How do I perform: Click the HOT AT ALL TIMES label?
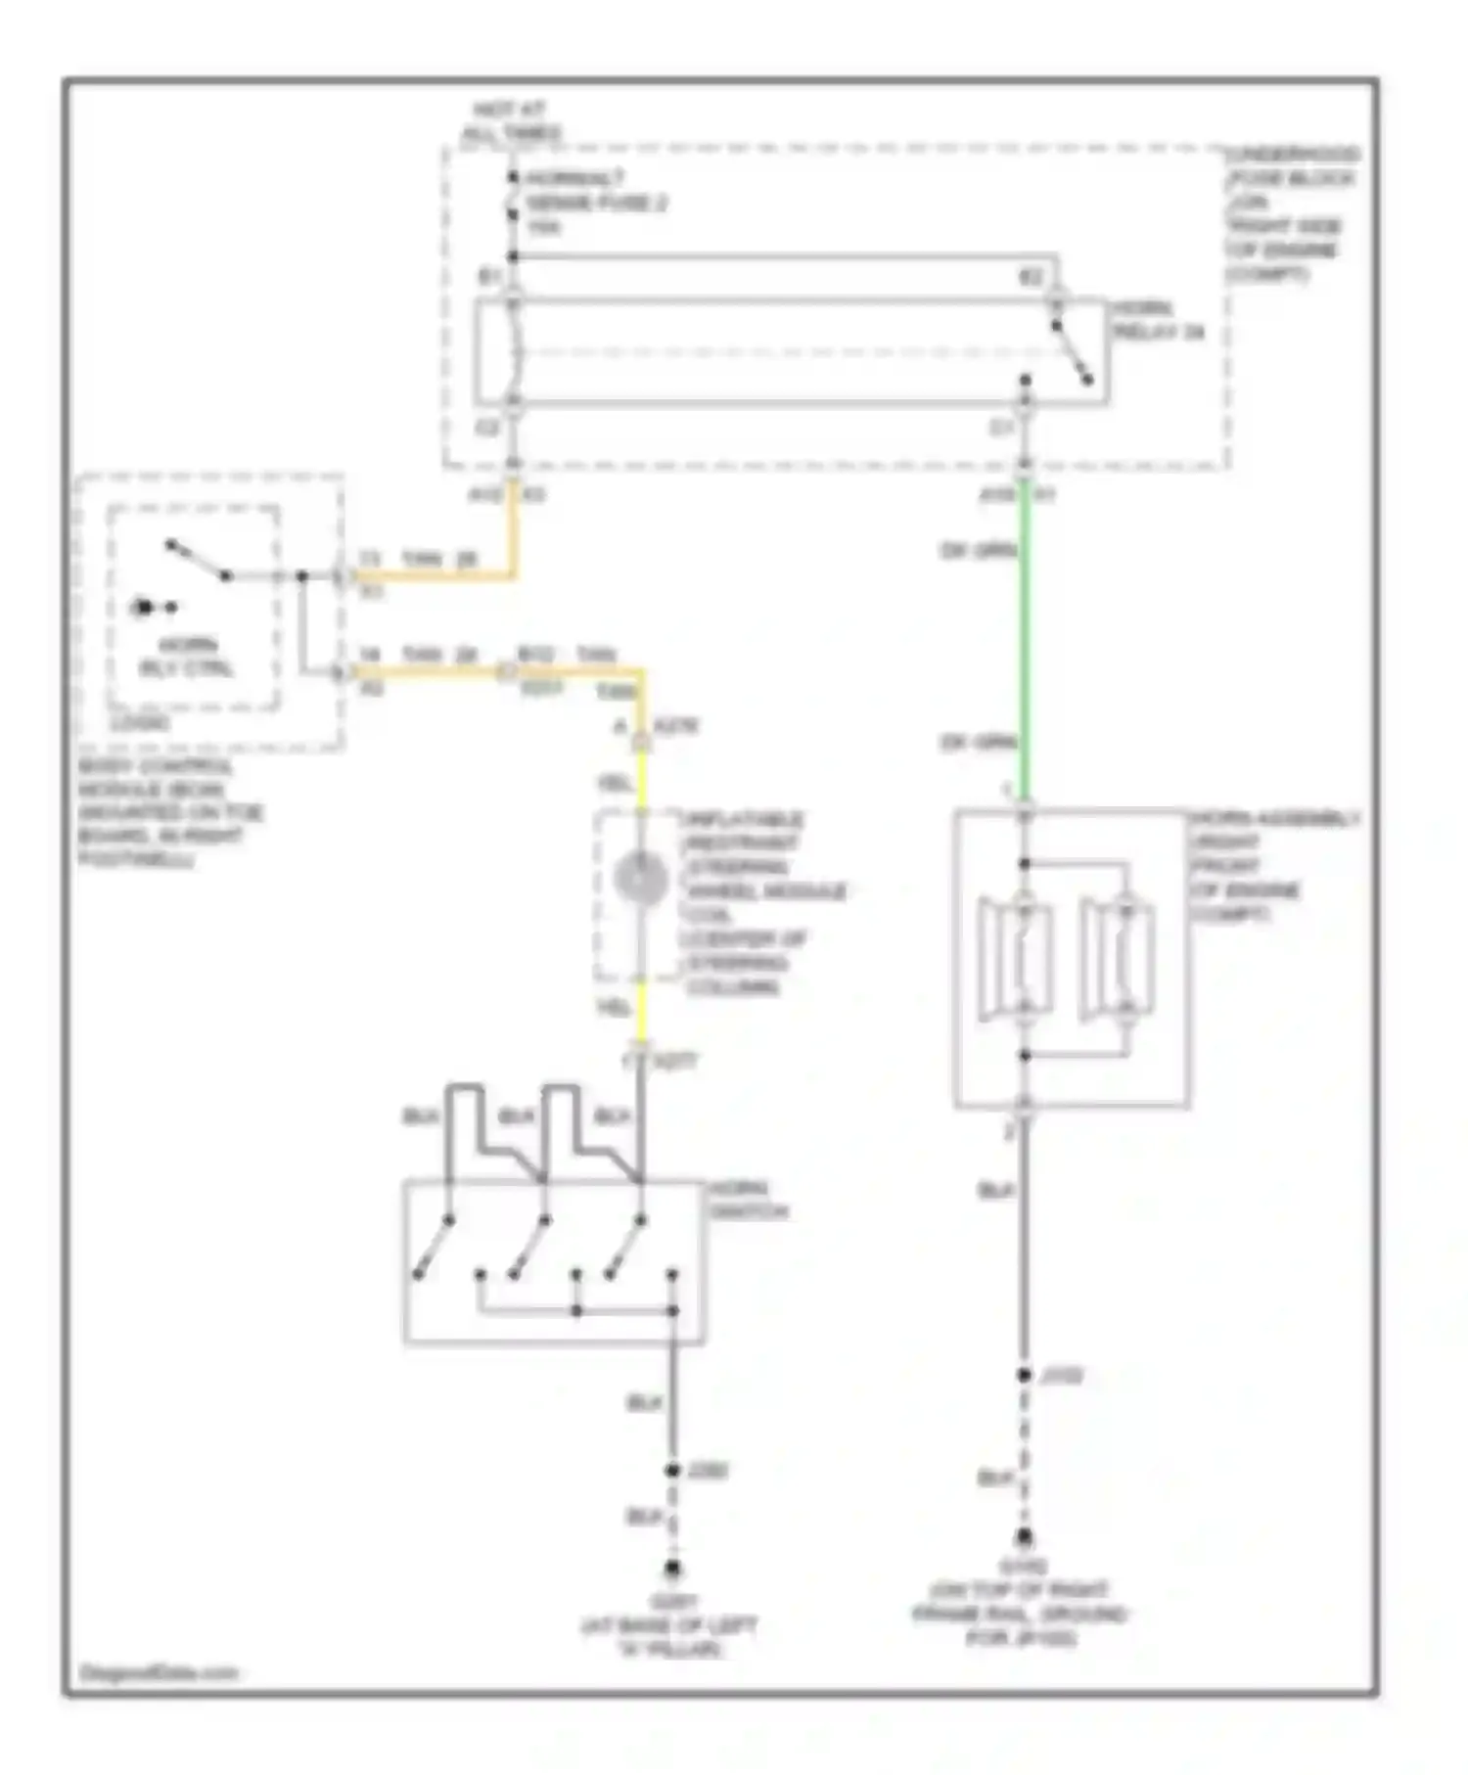coord(510,120)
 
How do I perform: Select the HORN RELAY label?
coord(1156,321)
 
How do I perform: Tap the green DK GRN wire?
coord(1025,646)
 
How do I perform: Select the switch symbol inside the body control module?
coord(198,561)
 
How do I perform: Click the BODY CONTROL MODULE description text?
coord(166,812)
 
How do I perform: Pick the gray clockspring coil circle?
coord(641,878)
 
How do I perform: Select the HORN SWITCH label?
coord(749,1200)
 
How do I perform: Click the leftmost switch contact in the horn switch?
coord(433,1248)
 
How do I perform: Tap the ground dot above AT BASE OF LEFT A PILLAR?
coord(672,1569)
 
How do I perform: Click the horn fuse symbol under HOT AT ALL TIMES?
coord(512,196)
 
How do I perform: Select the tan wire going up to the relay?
coord(511,533)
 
